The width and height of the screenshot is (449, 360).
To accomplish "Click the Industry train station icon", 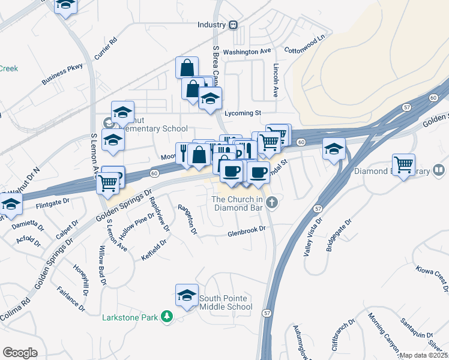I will (233, 25).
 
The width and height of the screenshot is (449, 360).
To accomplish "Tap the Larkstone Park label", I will (131, 316).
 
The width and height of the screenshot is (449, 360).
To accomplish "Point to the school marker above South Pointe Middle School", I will (187, 296).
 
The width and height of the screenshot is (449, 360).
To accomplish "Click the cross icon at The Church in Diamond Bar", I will (272, 201).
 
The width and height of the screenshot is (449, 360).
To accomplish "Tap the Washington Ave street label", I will (247, 52).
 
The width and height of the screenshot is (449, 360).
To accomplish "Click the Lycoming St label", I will (243, 112).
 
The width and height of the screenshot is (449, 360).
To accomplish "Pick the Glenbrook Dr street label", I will (246, 235).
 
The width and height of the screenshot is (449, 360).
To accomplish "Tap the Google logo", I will (20, 352).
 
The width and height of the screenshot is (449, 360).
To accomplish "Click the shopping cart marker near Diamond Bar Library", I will (404, 164).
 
